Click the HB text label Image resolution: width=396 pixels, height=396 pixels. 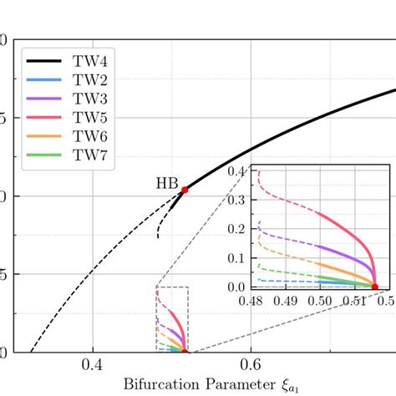pyautogui.click(x=165, y=183)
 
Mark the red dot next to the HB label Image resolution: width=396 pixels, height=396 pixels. pyautogui.click(x=185, y=190)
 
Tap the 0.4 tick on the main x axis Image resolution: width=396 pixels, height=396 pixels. pyautogui.click(x=92, y=365)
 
